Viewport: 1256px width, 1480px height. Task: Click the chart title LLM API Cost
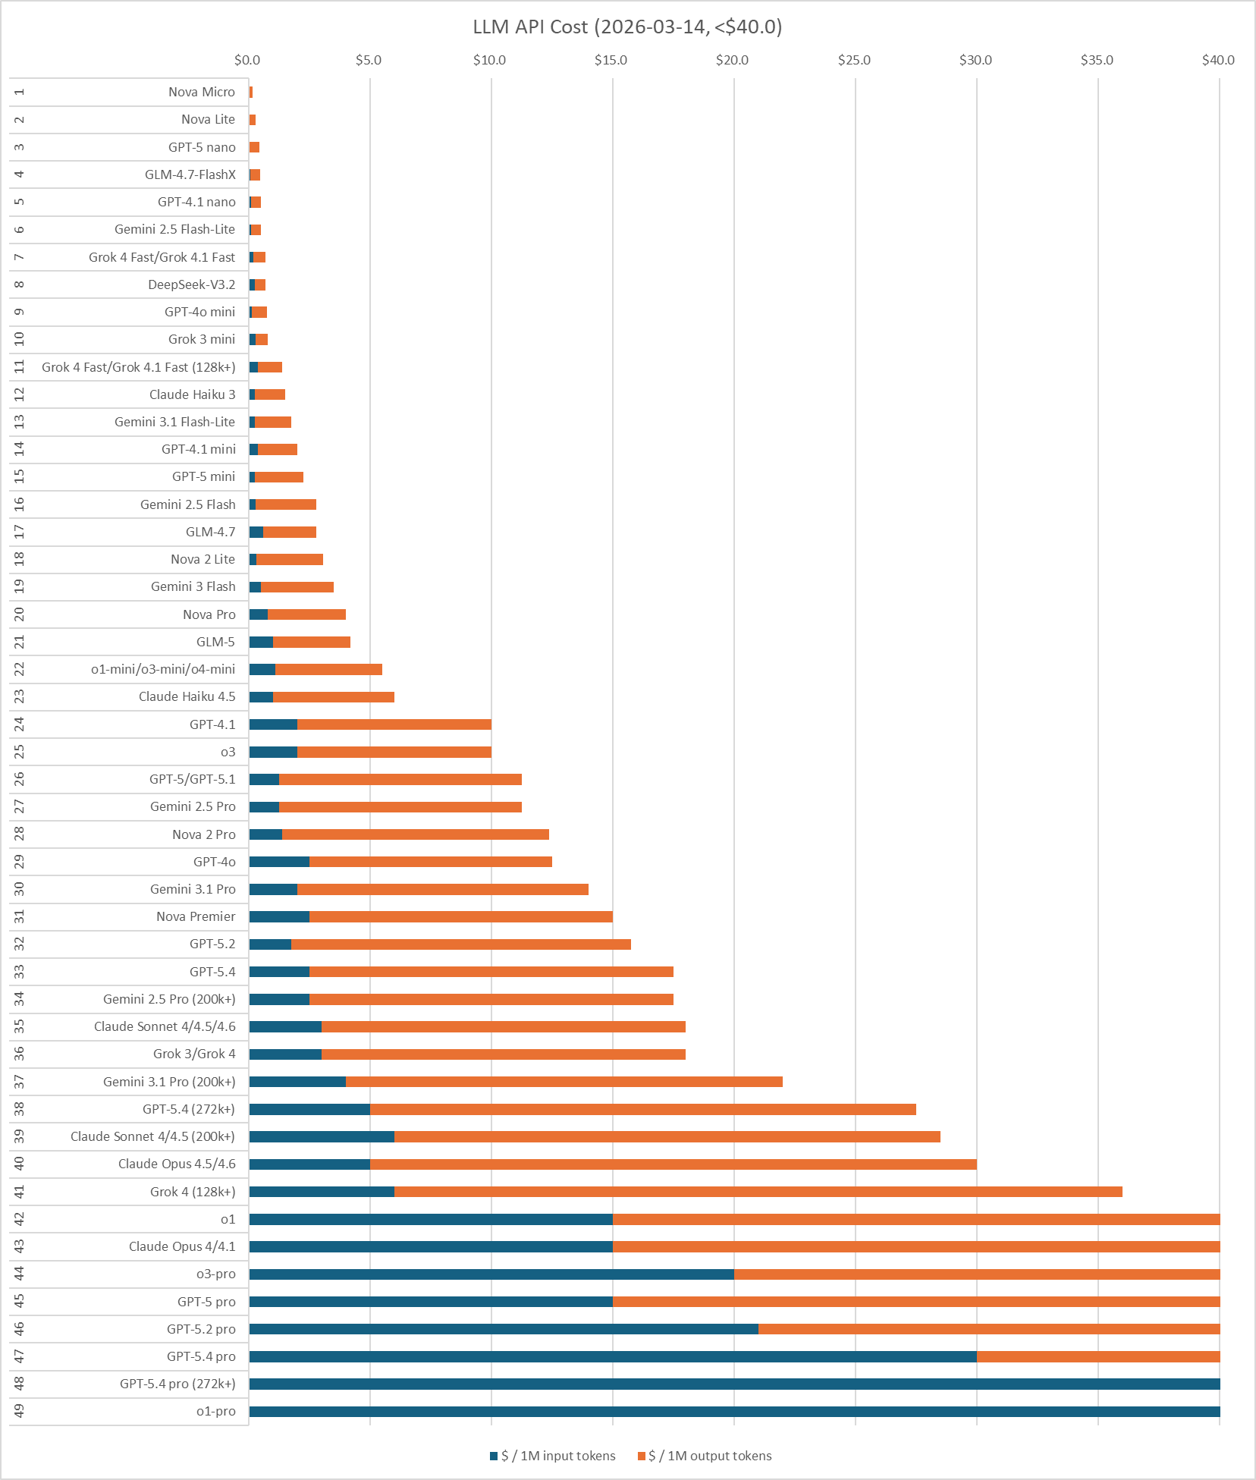pyautogui.click(x=627, y=27)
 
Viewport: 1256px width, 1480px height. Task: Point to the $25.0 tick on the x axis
pyautogui.click(x=854, y=60)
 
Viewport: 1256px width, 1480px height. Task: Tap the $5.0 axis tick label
pyautogui.click(x=369, y=60)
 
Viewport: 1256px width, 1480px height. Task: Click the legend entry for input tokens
pyautogui.click(x=553, y=1456)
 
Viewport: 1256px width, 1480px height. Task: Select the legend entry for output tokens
pyautogui.click(x=705, y=1456)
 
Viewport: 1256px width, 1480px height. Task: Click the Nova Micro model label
pyautogui.click(x=202, y=92)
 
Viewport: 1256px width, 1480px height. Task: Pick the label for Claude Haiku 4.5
pyautogui.click(x=187, y=696)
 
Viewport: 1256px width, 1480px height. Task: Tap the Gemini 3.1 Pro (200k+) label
pyautogui.click(x=169, y=1082)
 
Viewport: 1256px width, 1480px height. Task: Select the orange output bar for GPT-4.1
pyautogui.click(x=394, y=724)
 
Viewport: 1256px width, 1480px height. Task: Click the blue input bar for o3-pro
pyautogui.click(x=491, y=1274)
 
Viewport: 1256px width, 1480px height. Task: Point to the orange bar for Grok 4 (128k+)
pyautogui.click(x=758, y=1192)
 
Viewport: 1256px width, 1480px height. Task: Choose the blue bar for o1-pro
pyautogui.click(x=734, y=1412)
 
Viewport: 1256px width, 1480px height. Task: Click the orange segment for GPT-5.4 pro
pyautogui.click(x=1098, y=1356)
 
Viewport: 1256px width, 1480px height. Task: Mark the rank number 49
pyautogui.click(x=20, y=1411)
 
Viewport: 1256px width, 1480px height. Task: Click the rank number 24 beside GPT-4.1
pyautogui.click(x=20, y=724)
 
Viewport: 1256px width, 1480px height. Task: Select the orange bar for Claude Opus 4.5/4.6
pyautogui.click(x=674, y=1164)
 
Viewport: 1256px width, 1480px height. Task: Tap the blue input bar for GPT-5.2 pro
pyautogui.click(x=504, y=1329)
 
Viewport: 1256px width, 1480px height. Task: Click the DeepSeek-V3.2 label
pyautogui.click(x=192, y=284)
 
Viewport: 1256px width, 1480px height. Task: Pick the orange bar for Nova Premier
pyautogui.click(x=461, y=916)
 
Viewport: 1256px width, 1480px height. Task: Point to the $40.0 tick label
pyautogui.click(x=1218, y=60)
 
